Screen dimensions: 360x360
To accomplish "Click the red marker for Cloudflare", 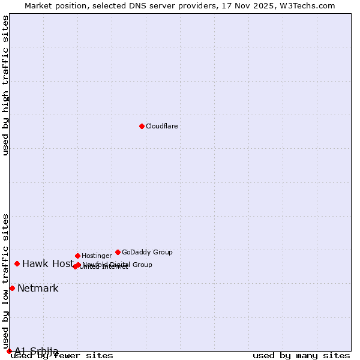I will click(142, 126).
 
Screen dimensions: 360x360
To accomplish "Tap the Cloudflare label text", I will click(162, 126).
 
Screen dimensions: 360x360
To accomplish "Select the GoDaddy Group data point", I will click(118, 252).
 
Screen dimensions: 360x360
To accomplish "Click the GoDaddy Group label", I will click(147, 252).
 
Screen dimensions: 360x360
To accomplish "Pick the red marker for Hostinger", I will click(77, 256).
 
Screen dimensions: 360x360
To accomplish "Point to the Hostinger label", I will click(97, 256).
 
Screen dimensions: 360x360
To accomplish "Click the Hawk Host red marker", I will click(17, 263).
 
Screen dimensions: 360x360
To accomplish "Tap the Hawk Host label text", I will click(48, 263).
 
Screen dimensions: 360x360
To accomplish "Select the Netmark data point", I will click(12, 288).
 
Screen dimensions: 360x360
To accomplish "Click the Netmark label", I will click(38, 288).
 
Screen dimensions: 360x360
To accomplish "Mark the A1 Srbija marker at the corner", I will click(9, 351).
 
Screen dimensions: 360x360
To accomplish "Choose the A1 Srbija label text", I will click(37, 350).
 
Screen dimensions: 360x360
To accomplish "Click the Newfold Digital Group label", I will click(118, 265).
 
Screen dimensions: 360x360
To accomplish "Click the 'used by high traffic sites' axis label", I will click(5, 85).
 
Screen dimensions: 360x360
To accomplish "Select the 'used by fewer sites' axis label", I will click(62, 356).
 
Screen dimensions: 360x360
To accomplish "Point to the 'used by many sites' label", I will click(301, 356).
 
